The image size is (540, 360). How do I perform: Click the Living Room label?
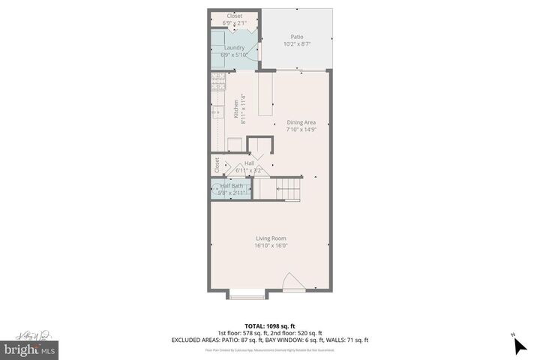point(271,238)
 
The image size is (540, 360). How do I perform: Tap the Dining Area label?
point(301,122)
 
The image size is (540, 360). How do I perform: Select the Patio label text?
point(296,37)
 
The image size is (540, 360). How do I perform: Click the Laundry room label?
point(234,48)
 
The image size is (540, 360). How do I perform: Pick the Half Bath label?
point(231,186)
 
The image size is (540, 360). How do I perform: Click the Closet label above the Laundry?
point(234,16)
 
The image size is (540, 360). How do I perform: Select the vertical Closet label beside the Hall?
point(217,165)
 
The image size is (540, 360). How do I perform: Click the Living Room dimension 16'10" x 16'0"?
point(271,245)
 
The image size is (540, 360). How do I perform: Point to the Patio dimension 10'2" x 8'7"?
point(296,45)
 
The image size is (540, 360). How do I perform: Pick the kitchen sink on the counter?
point(217,112)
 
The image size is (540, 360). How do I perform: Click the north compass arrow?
point(520,345)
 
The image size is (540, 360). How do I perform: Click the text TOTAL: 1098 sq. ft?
point(270,326)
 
